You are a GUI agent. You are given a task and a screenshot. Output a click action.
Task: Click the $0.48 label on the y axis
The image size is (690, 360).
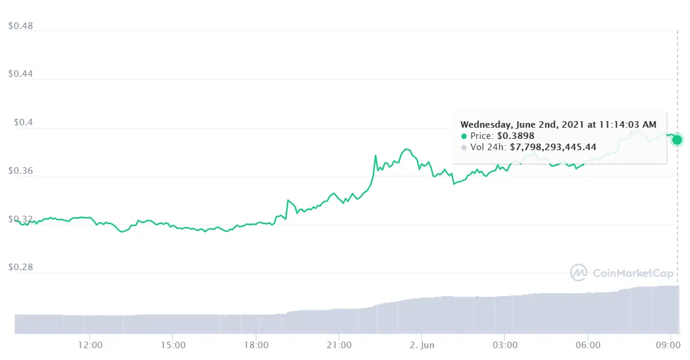tap(21, 26)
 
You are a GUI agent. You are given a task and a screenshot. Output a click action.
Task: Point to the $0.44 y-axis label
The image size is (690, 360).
tap(21, 74)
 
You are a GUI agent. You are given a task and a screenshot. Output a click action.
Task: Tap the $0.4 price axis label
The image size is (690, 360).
tap(23, 123)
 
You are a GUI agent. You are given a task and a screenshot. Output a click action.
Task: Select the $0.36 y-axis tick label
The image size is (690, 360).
tap(21, 171)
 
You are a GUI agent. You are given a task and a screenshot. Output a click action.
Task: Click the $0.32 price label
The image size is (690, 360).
tap(21, 219)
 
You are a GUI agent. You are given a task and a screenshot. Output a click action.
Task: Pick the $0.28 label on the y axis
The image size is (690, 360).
tap(21, 268)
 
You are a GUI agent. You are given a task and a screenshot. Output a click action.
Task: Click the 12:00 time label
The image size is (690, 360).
tap(89, 343)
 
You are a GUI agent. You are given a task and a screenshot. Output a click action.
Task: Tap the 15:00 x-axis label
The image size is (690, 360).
tap(172, 343)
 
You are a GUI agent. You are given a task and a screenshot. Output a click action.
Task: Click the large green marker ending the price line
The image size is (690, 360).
tap(677, 140)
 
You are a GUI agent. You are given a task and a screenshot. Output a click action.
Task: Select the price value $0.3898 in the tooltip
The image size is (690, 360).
tap(516, 136)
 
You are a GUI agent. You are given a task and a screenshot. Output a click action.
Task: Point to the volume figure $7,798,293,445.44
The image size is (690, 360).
tap(562, 147)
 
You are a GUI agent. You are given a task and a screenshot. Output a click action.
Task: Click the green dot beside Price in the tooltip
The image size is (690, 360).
tap(464, 136)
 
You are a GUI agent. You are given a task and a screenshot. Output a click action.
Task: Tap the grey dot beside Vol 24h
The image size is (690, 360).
tap(464, 147)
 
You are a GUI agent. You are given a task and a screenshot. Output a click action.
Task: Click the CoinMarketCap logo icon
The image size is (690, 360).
tap(578, 273)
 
